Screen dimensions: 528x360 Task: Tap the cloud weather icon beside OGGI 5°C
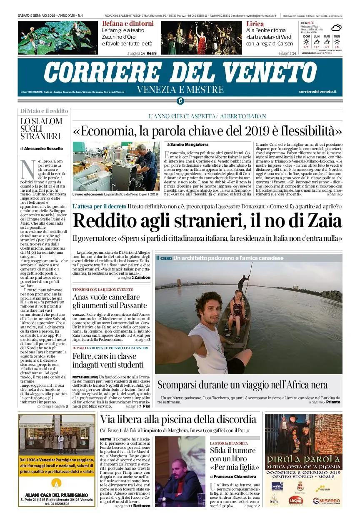pos(336,28)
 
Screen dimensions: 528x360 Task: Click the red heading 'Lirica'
pos(255,24)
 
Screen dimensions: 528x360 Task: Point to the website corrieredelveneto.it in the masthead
pos(317,92)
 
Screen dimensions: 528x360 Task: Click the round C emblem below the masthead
pos(180,101)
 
